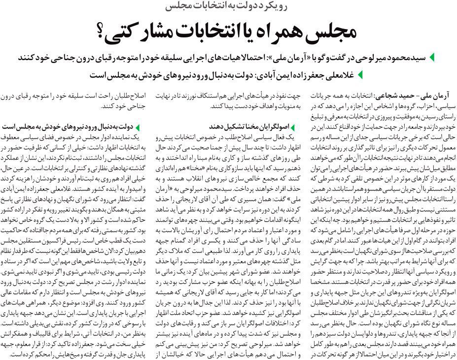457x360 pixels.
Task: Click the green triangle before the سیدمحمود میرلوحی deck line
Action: pyautogui.click(x=432, y=58)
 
